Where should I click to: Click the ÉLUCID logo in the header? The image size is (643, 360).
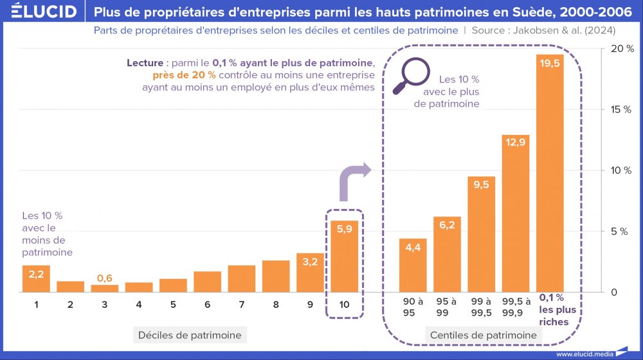coord(39,11)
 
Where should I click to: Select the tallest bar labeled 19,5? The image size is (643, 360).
coord(550,174)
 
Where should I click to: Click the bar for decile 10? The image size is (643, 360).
coord(345,256)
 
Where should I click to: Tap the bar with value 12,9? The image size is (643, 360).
coord(516,213)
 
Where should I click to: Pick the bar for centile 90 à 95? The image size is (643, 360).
coord(413,265)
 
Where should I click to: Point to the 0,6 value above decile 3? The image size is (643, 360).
coord(105,278)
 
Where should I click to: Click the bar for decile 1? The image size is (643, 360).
coord(36,278)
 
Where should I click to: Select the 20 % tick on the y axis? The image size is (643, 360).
coord(618,49)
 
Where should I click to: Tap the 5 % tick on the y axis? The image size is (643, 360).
coord(618,231)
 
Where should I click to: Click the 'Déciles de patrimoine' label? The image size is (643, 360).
coord(190,335)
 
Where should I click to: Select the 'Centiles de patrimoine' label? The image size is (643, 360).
coord(483,335)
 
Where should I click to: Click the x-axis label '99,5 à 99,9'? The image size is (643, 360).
coord(516,307)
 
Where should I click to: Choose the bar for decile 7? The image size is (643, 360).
coord(242,279)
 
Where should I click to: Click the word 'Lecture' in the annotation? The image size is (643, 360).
coord(146,63)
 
